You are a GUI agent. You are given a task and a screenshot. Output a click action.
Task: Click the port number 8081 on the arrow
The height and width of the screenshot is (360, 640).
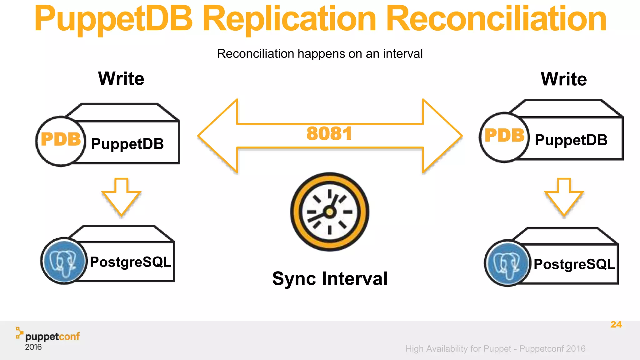329,134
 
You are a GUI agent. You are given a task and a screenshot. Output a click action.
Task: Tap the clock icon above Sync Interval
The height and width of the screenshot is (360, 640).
330,212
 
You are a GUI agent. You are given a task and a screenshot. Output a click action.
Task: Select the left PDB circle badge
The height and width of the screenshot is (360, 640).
61,141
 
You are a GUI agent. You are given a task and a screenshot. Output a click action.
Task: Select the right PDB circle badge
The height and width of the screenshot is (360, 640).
504,137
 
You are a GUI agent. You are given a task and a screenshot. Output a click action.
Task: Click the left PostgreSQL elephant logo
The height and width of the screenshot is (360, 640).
64,261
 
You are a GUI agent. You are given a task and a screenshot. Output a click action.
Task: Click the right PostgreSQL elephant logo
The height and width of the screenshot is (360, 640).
507,263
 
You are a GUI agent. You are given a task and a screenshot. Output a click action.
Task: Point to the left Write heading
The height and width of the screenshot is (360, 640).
121,78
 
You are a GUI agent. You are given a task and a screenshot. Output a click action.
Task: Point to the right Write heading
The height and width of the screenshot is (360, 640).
564,79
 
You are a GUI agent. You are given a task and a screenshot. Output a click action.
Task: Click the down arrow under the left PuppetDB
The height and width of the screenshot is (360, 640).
121,197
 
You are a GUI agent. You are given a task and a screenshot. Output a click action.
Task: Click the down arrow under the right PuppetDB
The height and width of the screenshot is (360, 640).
564,197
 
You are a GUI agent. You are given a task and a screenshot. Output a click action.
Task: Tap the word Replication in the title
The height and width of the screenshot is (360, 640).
289,19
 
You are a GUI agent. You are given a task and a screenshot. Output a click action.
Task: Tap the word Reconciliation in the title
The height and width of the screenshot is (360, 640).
496,19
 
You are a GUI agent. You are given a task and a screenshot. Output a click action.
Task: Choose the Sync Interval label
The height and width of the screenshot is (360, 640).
330,279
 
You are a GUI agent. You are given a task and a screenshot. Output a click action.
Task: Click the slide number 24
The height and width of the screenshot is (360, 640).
616,324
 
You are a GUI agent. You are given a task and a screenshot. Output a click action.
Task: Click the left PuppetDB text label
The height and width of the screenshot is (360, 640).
127,144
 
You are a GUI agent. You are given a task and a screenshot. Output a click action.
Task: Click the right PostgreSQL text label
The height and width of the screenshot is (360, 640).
574,264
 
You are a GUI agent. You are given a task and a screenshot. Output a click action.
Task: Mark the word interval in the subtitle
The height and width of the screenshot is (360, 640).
402,54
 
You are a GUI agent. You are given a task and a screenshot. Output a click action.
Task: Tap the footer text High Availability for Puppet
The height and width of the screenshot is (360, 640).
458,349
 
